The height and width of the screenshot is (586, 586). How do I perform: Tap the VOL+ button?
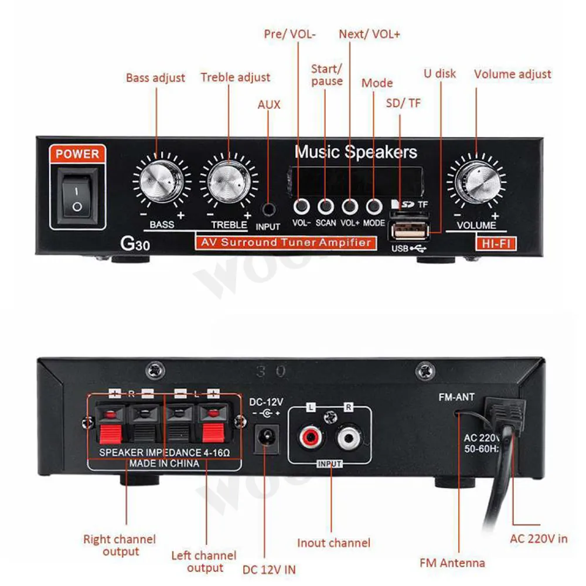pos(350,206)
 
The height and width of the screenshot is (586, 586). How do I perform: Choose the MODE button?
pos(374,206)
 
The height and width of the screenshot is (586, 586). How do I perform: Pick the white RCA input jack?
pos(349,435)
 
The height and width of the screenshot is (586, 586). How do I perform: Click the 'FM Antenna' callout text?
pos(452,563)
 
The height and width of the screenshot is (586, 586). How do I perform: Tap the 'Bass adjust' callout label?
pos(155,78)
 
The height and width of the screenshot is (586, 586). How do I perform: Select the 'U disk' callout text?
pos(439,74)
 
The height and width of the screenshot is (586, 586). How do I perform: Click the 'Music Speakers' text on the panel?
pos(356,152)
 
